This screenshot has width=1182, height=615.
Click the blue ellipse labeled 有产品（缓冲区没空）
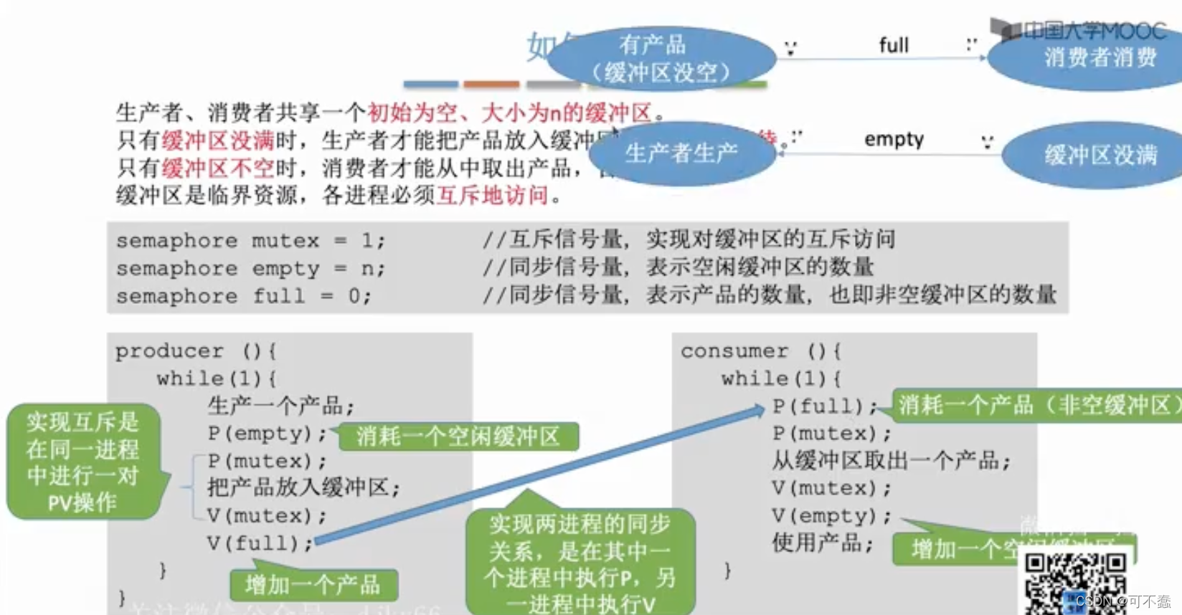click(661, 58)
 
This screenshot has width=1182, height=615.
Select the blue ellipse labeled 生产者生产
click(681, 153)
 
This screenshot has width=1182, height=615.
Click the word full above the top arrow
click(894, 45)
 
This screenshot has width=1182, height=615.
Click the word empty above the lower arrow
click(894, 139)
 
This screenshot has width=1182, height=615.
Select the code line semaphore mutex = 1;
click(250, 241)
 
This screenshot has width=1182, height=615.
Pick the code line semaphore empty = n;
click(250, 269)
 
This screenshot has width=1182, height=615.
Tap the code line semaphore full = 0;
click(244, 296)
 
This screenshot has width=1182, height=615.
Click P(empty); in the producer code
click(267, 434)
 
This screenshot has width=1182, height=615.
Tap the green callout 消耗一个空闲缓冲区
click(458, 437)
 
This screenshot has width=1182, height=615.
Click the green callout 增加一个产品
click(313, 585)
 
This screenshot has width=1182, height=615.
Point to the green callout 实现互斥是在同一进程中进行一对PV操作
click(83, 462)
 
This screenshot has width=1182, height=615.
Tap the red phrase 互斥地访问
click(493, 195)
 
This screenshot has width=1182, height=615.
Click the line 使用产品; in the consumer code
click(822, 543)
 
